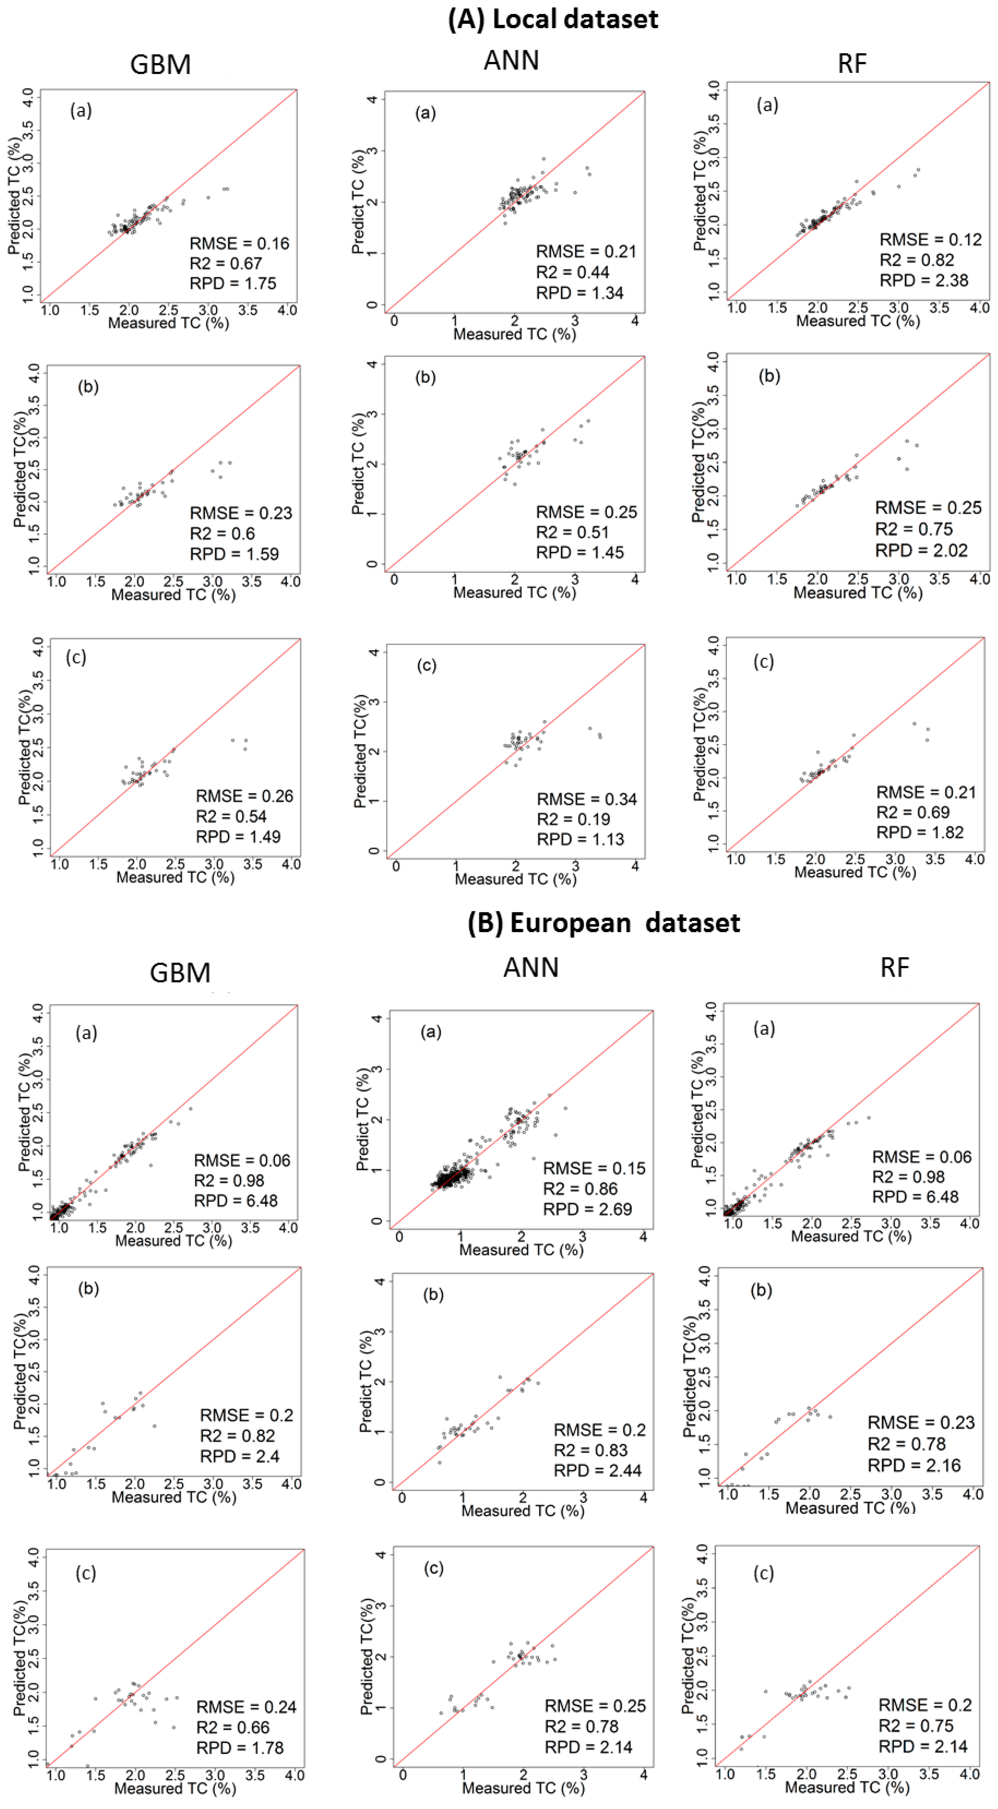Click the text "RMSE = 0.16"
pyautogui.click(x=240, y=244)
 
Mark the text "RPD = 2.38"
pyautogui.click(x=924, y=280)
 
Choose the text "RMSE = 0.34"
pyautogui.click(x=587, y=799)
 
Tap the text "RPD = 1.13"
pyautogui.click(x=581, y=839)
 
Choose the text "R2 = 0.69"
pyautogui.click(x=913, y=812)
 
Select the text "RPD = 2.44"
pyautogui.click(x=598, y=1471)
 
